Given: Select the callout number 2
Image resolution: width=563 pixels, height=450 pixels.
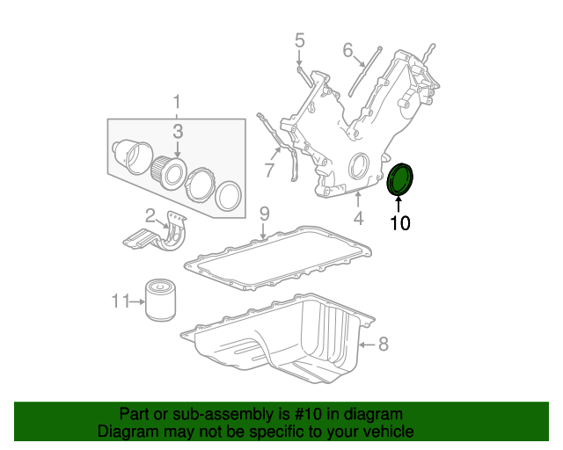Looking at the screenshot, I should click(x=150, y=214).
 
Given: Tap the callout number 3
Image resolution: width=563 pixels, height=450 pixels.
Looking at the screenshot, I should click(x=177, y=132).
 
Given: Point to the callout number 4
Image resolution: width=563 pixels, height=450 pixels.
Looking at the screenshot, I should click(x=358, y=218).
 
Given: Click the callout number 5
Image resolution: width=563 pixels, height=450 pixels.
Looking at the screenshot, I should click(x=299, y=40).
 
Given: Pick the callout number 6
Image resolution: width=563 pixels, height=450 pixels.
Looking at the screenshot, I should click(x=347, y=51).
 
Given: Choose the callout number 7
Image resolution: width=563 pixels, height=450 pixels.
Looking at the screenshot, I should click(x=269, y=169).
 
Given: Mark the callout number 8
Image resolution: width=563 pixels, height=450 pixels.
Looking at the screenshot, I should click(x=383, y=345).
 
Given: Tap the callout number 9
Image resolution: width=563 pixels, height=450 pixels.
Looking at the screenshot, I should click(x=263, y=214).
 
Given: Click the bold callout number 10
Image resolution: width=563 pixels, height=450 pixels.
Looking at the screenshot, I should click(x=399, y=222).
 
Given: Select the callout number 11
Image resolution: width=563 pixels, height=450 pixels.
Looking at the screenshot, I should click(x=121, y=301).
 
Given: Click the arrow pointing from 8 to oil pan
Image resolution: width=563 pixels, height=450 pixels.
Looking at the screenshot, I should click(x=367, y=345).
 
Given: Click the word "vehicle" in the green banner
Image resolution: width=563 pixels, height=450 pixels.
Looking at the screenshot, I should click(x=388, y=432).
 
